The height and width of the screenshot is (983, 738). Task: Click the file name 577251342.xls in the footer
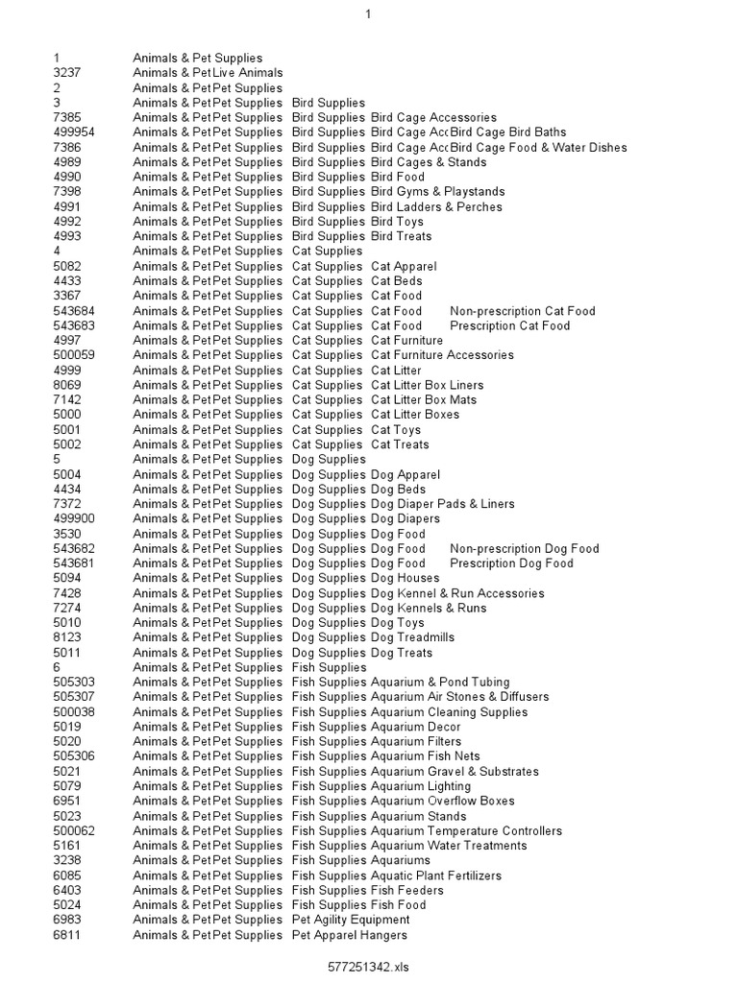click(369, 967)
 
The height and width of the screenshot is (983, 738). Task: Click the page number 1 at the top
click(368, 14)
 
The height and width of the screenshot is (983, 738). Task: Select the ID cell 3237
click(67, 73)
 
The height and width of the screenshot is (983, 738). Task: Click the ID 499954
click(74, 132)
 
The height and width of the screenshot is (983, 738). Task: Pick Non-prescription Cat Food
click(522, 311)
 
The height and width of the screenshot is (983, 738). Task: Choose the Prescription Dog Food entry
click(511, 563)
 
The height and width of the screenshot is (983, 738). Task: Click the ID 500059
click(74, 355)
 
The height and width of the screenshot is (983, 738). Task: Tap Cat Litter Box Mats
click(424, 399)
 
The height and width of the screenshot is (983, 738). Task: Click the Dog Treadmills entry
click(412, 637)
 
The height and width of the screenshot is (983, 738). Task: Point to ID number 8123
click(67, 637)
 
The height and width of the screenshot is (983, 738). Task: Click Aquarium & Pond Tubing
click(443, 683)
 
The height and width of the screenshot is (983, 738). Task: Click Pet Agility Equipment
click(350, 920)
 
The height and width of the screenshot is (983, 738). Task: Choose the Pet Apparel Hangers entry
click(349, 935)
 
